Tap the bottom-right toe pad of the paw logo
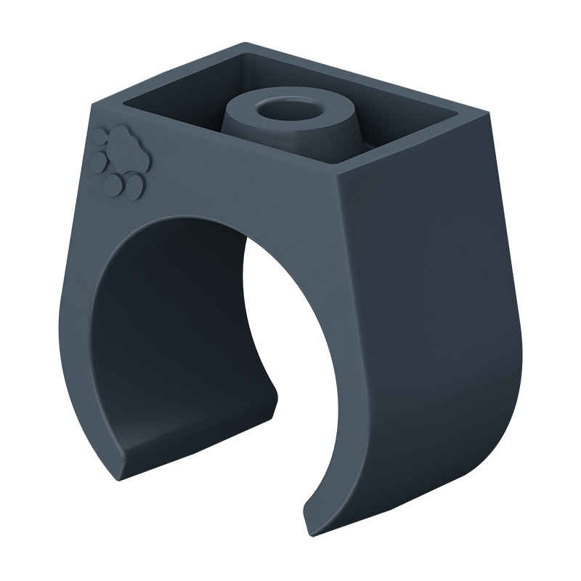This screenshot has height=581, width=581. click(134, 190)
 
